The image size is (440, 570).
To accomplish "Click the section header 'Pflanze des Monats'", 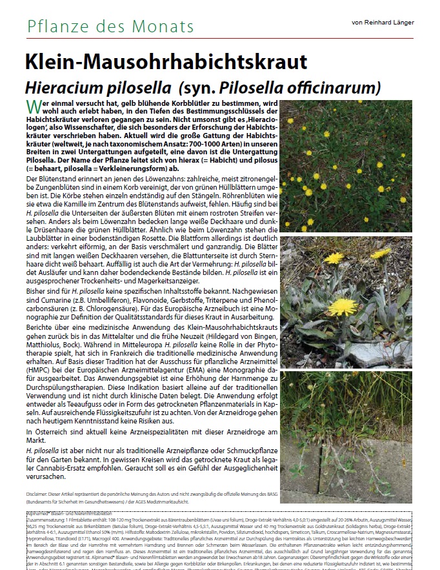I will coord(110,26).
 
